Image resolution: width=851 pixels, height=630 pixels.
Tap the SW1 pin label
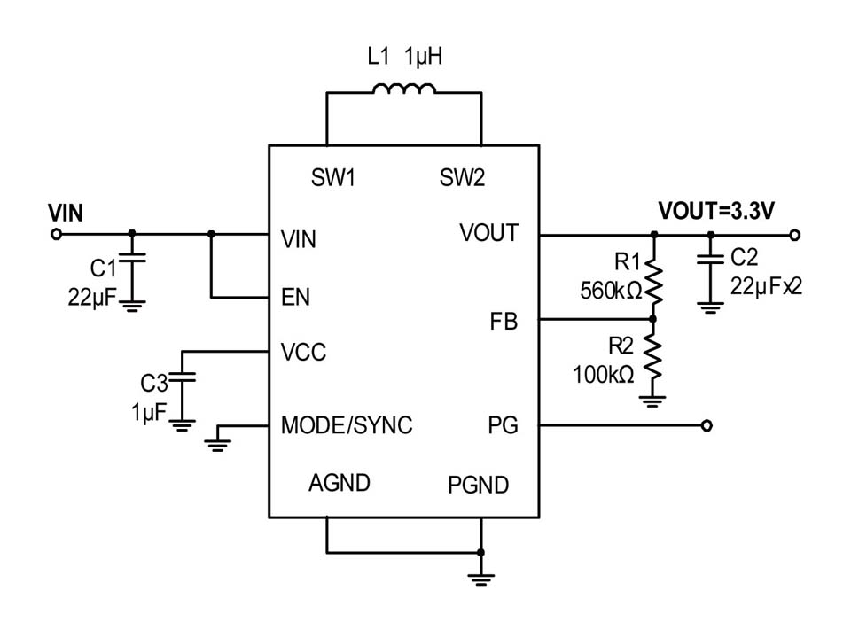(333, 178)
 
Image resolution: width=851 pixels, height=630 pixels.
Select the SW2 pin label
(463, 178)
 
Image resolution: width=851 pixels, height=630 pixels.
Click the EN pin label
(295, 297)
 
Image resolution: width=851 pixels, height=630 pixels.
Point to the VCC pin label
(303, 353)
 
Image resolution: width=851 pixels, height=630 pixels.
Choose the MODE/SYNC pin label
(347, 425)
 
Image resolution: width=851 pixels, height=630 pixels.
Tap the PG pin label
(503, 425)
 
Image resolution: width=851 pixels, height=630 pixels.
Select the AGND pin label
(340, 483)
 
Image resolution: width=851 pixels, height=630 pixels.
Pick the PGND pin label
(479, 485)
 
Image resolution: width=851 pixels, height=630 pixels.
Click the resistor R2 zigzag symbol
(653, 357)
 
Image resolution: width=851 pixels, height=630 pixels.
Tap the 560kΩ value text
(611, 290)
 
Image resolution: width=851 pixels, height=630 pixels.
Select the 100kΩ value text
(604, 374)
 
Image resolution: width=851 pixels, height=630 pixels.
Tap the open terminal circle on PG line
(707, 425)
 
